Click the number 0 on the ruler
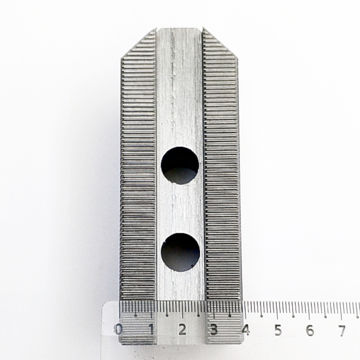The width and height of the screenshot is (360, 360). pyautogui.click(x=119, y=330)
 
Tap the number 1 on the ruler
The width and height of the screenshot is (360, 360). pyautogui.click(x=151, y=330)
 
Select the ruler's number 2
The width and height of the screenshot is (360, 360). pyautogui.click(x=182, y=330)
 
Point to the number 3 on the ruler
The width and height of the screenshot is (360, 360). pyautogui.click(x=214, y=330)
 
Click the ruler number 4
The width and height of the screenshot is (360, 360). pyautogui.click(x=246, y=330)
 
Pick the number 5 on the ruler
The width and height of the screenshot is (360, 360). pyautogui.click(x=278, y=330)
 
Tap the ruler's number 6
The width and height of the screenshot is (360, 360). pyautogui.click(x=310, y=330)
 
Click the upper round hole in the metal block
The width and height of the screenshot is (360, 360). pyautogui.click(x=180, y=165)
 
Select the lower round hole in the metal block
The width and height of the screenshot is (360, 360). pyautogui.click(x=180, y=252)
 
